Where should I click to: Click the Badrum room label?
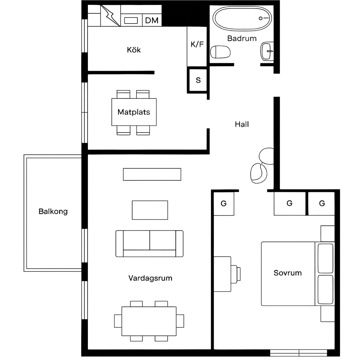click(x=242, y=38)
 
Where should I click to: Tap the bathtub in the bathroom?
click(x=242, y=19)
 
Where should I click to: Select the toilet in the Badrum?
click(x=220, y=52)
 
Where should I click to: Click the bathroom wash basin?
click(x=267, y=51)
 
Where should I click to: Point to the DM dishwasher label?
click(x=152, y=20)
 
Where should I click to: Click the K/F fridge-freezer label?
click(x=197, y=44)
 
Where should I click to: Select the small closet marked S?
click(x=198, y=80)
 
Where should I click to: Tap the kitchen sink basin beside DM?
click(x=131, y=20)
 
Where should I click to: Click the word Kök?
click(x=134, y=50)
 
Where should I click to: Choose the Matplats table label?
click(x=134, y=112)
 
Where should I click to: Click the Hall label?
click(x=242, y=124)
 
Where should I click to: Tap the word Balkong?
click(x=53, y=211)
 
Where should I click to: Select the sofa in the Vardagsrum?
click(x=149, y=244)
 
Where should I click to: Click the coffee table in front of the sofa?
click(x=150, y=210)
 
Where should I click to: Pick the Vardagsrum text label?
click(x=150, y=278)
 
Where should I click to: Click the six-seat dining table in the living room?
click(x=149, y=321)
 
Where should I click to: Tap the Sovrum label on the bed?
click(x=288, y=273)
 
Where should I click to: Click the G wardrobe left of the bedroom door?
click(x=224, y=204)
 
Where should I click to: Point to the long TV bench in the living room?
click(x=152, y=174)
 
